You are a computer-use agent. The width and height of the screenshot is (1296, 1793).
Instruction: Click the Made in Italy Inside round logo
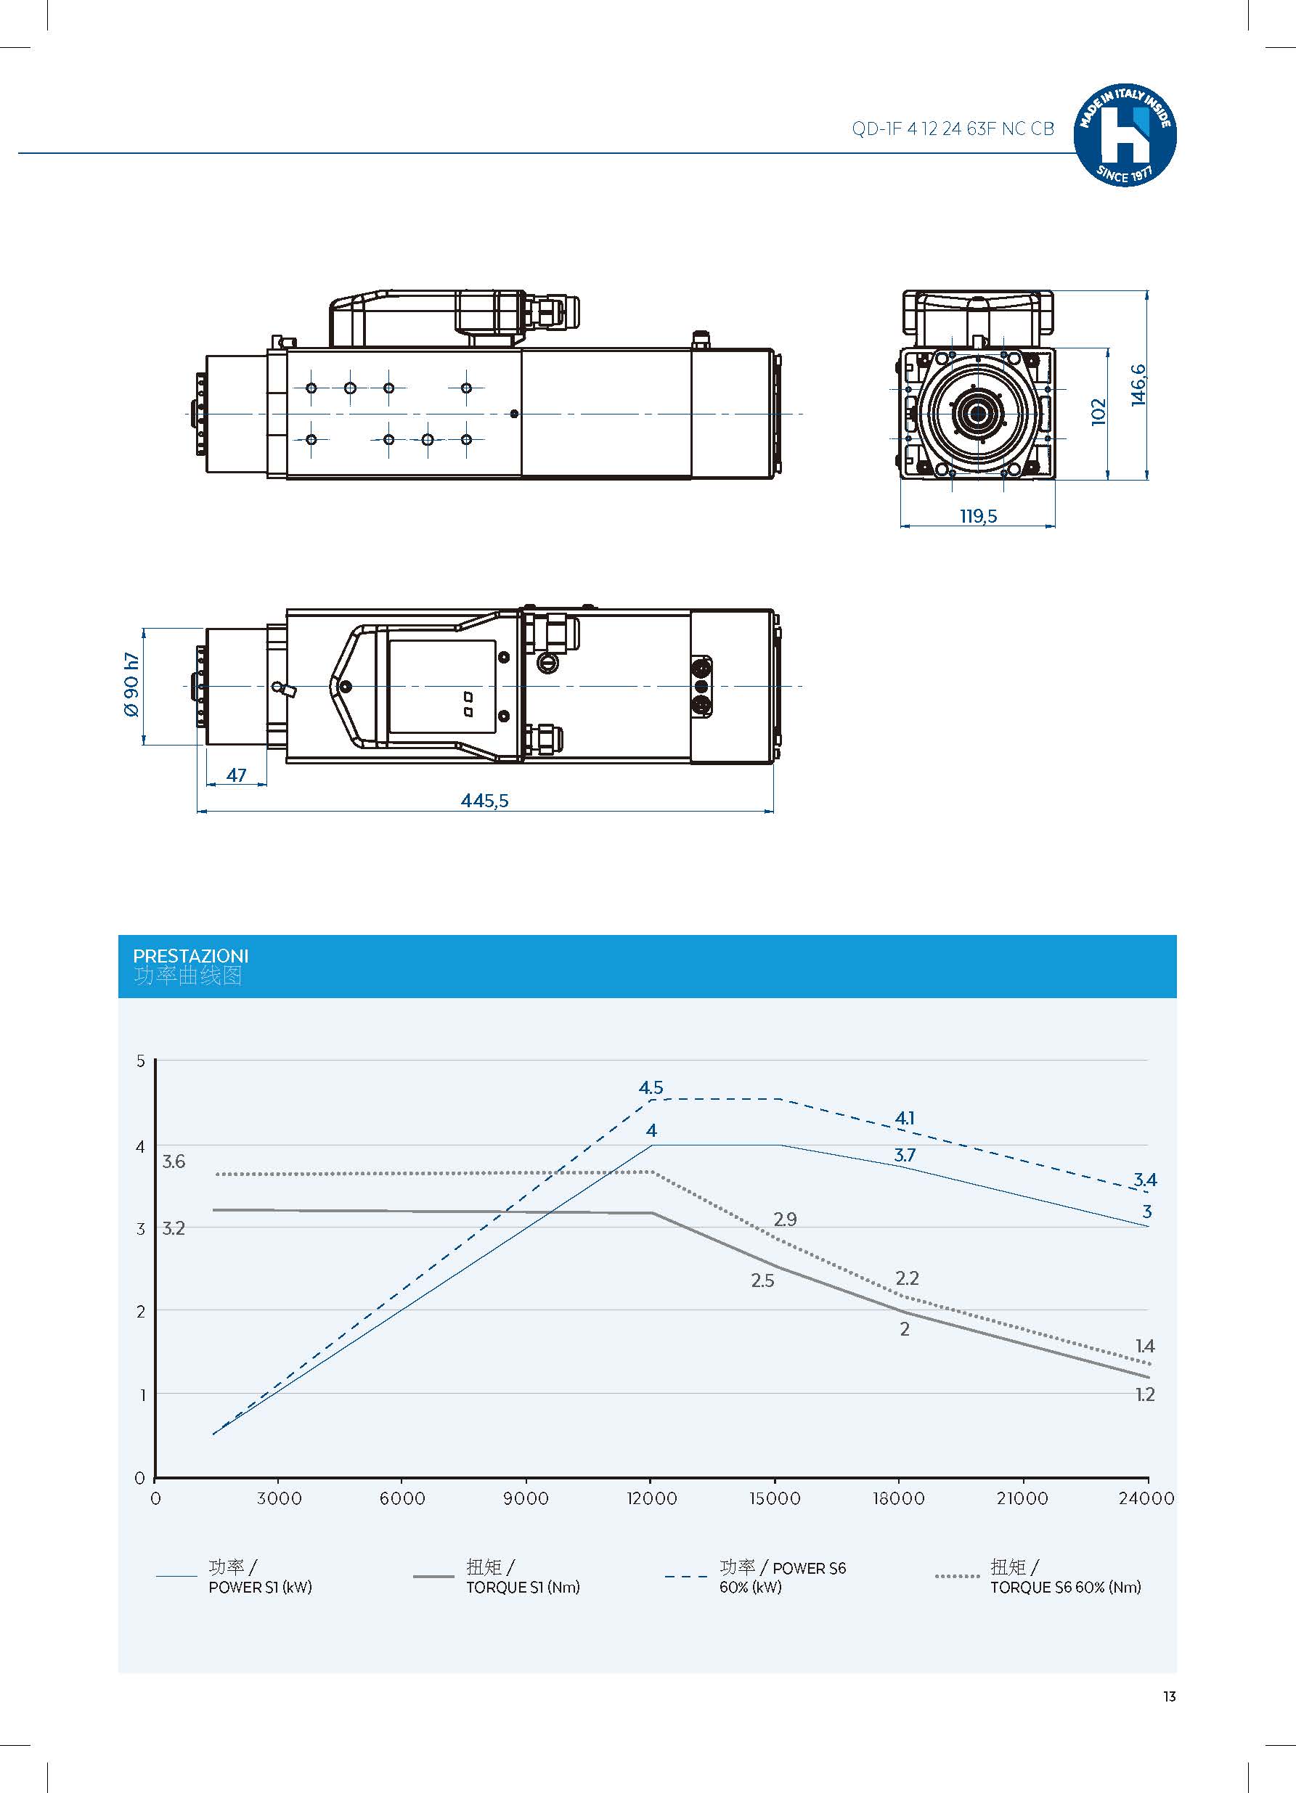pyautogui.click(x=1125, y=135)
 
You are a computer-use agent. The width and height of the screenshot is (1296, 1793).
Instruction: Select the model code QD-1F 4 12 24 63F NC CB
pyautogui.click(x=953, y=129)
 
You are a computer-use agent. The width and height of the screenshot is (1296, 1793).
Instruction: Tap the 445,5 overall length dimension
pyautogui.click(x=485, y=801)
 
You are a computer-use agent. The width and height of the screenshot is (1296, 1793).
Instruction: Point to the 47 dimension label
pyautogui.click(x=237, y=775)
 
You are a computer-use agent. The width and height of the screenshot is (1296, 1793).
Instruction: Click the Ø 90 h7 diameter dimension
pyautogui.click(x=131, y=685)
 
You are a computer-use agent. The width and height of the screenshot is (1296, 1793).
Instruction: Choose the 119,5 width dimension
pyautogui.click(x=978, y=516)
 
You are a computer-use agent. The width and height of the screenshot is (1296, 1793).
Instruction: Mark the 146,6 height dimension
pyautogui.click(x=1138, y=385)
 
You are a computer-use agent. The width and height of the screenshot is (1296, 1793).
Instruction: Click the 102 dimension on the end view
pyautogui.click(x=1099, y=412)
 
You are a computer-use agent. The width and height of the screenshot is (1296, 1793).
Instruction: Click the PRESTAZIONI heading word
pyautogui.click(x=190, y=956)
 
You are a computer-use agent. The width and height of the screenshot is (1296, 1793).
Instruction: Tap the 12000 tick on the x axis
pyautogui.click(x=651, y=1498)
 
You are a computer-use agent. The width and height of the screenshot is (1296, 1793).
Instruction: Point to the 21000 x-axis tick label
pyautogui.click(x=1022, y=1498)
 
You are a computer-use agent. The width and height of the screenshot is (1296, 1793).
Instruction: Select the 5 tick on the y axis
pyautogui.click(x=142, y=1061)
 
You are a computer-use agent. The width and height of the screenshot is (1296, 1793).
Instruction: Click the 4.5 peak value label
pyautogui.click(x=651, y=1088)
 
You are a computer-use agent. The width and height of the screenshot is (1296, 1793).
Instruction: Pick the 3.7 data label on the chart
pyautogui.click(x=905, y=1155)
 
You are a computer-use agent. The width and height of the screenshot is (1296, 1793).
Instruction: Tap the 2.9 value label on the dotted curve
pyautogui.click(x=785, y=1219)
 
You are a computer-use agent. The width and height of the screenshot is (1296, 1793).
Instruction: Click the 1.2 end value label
pyautogui.click(x=1145, y=1394)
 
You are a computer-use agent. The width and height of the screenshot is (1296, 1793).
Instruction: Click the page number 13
pyautogui.click(x=1170, y=1696)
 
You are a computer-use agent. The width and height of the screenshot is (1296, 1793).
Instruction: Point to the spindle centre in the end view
pyautogui.click(x=978, y=412)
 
